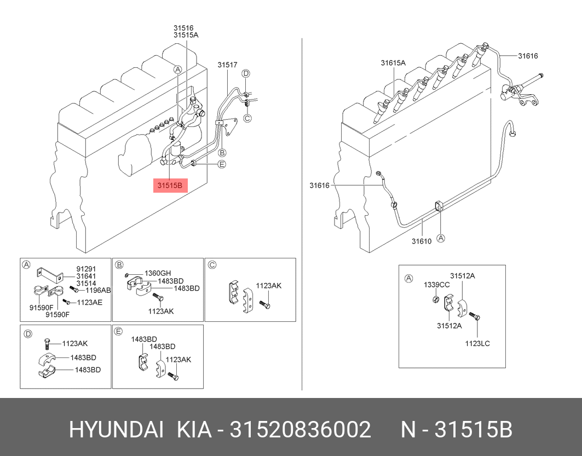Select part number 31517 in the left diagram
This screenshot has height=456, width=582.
(x=227, y=65)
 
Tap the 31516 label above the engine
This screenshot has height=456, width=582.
(x=184, y=27)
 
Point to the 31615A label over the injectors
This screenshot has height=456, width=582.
(x=393, y=63)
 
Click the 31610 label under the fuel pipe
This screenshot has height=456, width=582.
(x=422, y=241)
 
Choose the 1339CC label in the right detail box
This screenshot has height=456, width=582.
(x=436, y=285)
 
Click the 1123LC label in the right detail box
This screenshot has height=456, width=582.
(x=477, y=344)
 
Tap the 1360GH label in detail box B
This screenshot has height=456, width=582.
(x=158, y=273)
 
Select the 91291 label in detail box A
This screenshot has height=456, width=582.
(x=86, y=269)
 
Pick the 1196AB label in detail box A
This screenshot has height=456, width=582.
(x=98, y=290)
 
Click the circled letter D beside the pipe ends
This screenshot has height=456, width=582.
(x=246, y=73)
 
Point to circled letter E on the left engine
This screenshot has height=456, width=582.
(x=222, y=164)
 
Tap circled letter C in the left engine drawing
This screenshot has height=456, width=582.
(x=247, y=118)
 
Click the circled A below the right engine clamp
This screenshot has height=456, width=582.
(x=441, y=238)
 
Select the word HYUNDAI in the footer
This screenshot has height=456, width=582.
(x=116, y=430)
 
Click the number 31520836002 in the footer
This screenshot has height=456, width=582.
(x=300, y=430)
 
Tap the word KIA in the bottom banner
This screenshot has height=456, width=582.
(x=194, y=430)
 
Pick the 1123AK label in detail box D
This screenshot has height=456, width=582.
(x=74, y=343)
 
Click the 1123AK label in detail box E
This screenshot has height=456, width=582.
(x=178, y=360)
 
